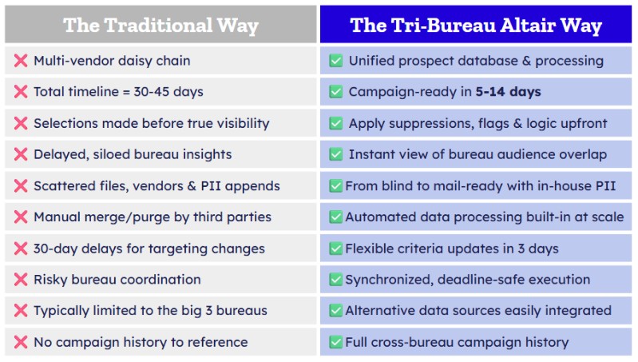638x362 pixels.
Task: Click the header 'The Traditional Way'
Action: point(160,25)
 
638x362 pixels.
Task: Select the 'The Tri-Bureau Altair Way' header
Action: point(476,25)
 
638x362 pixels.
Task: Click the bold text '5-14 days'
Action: point(508,92)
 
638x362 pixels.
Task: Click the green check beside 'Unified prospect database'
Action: point(336,61)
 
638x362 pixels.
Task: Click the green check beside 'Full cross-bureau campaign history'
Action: point(336,342)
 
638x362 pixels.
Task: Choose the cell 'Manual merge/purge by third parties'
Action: point(153,217)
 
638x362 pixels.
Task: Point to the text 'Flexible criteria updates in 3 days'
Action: point(451,249)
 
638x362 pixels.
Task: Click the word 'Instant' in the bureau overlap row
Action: point(372,154)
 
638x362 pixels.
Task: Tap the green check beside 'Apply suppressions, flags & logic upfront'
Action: point(336,123)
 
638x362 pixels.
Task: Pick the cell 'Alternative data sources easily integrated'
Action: point(478,311)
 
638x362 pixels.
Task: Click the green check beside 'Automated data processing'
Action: point(336,217)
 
